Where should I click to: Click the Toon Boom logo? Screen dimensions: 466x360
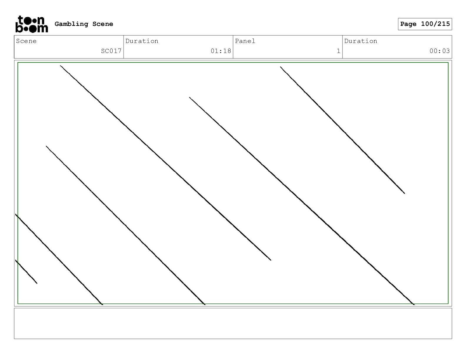coord(31,24)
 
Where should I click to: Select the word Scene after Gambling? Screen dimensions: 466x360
coord(103,24)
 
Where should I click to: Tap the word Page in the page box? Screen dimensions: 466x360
coord(408,24)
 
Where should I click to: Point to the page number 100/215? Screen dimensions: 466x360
coord(435,24)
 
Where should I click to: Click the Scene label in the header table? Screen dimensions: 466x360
coord(26,41)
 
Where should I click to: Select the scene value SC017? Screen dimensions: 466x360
coord(111,51)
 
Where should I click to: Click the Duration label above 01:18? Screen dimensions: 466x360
coord(142,41)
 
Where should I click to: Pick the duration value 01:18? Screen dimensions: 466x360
coord(221,51)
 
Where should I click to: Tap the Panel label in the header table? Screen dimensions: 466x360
coord(245,41)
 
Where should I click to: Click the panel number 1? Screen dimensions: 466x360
coord(339,51)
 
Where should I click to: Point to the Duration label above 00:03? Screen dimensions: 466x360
coord(361,41)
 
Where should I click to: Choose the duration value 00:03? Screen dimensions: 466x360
coord(440,51)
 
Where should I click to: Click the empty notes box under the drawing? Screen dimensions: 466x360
coord(233,323)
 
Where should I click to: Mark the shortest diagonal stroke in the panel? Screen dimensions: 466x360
coord(26,272)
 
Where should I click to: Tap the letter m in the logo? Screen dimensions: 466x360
coord(42,29)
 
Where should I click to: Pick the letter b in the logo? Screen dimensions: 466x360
coord(19,28)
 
